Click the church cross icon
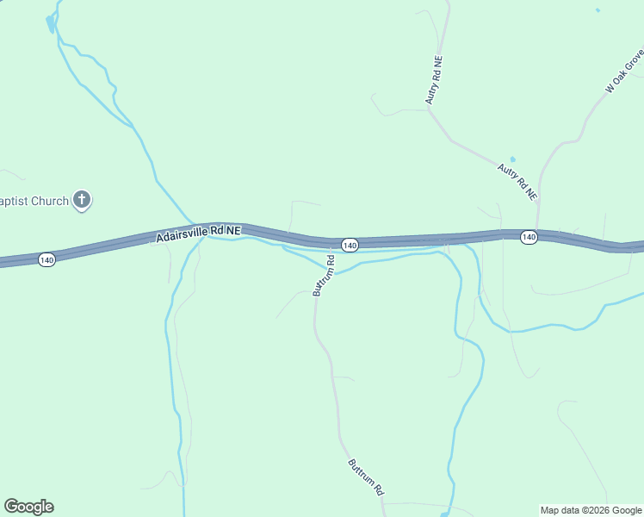click(x=82, y=201)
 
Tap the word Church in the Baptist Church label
click(x=50, y=202)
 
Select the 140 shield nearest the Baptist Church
click(x=46, y=259)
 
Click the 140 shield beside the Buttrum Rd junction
click(x=349, y=246)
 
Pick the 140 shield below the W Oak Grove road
click(x=529, y=237)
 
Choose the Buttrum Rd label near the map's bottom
click(x=366, y=477)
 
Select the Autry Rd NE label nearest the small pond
click(x=517, y=182)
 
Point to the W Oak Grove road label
click(x=624, y=72)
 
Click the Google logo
click(x=28, y=507)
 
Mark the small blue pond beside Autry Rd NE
click(x=512, y=159)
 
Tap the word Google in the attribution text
click(x=625, y=510)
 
